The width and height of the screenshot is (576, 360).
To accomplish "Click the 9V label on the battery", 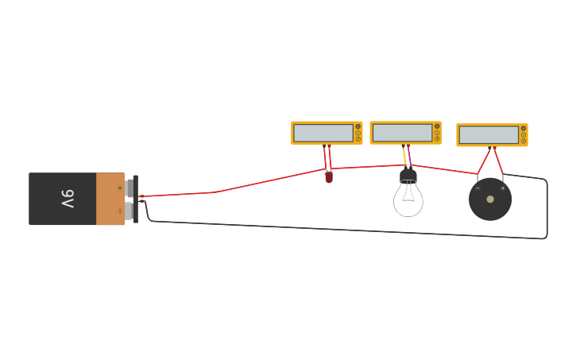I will tap(68, 199).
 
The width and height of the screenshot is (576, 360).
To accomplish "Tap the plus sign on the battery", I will tap(120, 188).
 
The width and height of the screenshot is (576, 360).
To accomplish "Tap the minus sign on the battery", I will tap(120, 211).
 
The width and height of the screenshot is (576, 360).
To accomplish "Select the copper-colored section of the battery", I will tap(110, 199).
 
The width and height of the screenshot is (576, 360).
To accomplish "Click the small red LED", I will tap(329, 177).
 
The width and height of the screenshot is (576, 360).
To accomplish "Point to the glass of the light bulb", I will tap(408, 199).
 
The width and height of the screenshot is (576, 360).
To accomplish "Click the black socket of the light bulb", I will tap(408, 175).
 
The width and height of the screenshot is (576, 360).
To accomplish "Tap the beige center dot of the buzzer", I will tap(490, 199).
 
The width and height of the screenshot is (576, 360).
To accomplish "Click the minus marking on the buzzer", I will tap(477, 188).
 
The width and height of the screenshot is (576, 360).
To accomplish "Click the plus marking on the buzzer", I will tap(502, 188).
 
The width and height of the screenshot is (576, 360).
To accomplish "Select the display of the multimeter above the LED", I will tap(323, 133).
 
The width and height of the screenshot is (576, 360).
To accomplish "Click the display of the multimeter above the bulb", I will tap(402, 133).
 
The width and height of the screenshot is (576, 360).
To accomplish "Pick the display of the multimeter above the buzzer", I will tap(489, 135).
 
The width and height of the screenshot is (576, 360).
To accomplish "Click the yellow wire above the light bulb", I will tap(404, 156).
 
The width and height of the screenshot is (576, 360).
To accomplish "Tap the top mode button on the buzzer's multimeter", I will tap(524, 128).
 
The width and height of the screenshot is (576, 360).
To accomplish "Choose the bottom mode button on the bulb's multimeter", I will tap(437, 139).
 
